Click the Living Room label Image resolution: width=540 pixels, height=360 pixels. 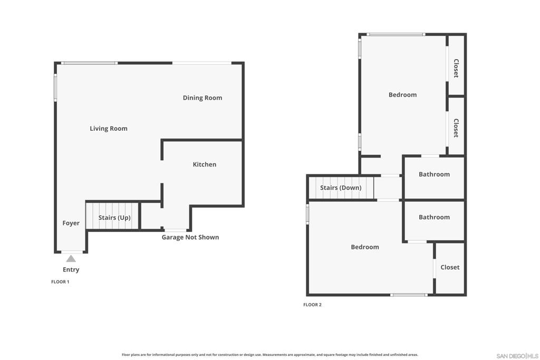pos(109,129)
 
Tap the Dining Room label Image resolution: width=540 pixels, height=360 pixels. pos(202,98)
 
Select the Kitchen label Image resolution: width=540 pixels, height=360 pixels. pos(205,164)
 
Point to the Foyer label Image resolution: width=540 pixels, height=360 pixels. pos(71,223)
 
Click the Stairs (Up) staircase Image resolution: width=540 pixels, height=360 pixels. pos(112,216)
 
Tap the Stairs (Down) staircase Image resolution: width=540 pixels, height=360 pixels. pos(341,188)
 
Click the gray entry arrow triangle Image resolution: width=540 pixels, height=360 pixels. pos(71,258)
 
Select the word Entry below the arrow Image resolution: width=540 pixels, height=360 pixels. pos(71,270)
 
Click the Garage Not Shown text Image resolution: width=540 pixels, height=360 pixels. pos(190,237)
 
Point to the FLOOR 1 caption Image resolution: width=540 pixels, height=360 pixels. pos(60,282)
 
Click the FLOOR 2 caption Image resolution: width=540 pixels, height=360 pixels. pos(312,305)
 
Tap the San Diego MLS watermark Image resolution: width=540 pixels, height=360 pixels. pos(517,356)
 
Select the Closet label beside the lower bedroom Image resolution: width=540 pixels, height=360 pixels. pos(450,267)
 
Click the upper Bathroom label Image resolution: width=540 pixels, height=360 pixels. pos(435,174)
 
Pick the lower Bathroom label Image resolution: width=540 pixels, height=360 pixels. pos(435,217)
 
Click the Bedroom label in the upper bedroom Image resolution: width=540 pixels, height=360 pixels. pos(402,95)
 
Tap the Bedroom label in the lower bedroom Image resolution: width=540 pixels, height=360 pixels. pos(365,247)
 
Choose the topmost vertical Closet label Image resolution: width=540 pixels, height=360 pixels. pos(456,68)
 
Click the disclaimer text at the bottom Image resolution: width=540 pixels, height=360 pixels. pos(270,355)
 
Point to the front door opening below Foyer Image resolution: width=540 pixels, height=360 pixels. pos(72,252)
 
